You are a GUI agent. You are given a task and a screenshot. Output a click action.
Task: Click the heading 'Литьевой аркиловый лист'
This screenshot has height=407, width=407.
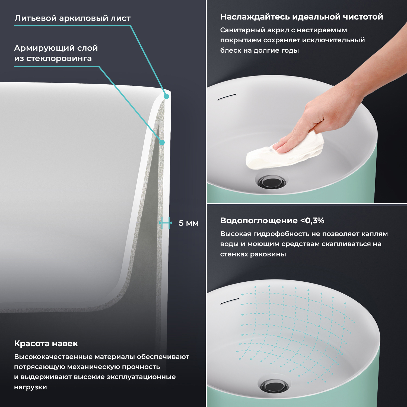tap(72, 18)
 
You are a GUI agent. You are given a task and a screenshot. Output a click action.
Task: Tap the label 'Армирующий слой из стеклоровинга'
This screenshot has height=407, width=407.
tap(56, 53)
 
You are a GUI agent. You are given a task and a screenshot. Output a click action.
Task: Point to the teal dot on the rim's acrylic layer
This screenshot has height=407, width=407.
tap(166, 96)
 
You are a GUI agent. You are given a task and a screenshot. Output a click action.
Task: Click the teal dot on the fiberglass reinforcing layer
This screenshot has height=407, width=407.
tap(162, 142)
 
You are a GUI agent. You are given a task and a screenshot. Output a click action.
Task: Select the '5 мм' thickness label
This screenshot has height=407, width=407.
tap(189, 223)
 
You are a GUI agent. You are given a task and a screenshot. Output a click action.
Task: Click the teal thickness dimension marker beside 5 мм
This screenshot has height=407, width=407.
tap(166, 223)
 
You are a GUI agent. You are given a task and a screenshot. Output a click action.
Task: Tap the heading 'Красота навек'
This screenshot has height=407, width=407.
tap(46, 344)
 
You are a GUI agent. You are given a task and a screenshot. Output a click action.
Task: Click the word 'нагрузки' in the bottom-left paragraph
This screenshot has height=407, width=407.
tap(30, 387)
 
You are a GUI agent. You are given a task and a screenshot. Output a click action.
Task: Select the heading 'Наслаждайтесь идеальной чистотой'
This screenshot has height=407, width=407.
tap(302, 17)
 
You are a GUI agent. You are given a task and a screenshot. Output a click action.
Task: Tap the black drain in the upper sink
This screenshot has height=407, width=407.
tap(272, 182)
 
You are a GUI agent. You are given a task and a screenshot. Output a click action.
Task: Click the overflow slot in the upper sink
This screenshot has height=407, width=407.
tap(227, 97)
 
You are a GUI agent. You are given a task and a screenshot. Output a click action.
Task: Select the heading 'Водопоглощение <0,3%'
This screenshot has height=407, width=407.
tap(272, 221)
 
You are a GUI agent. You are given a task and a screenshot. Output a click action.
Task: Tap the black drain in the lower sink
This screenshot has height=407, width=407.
tap(274, 386)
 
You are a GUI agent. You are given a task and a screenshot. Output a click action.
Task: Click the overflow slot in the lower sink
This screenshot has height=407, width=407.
tap(230, 301)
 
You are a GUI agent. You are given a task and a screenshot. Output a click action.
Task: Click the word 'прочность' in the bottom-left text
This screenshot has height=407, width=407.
tap(141, 367)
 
